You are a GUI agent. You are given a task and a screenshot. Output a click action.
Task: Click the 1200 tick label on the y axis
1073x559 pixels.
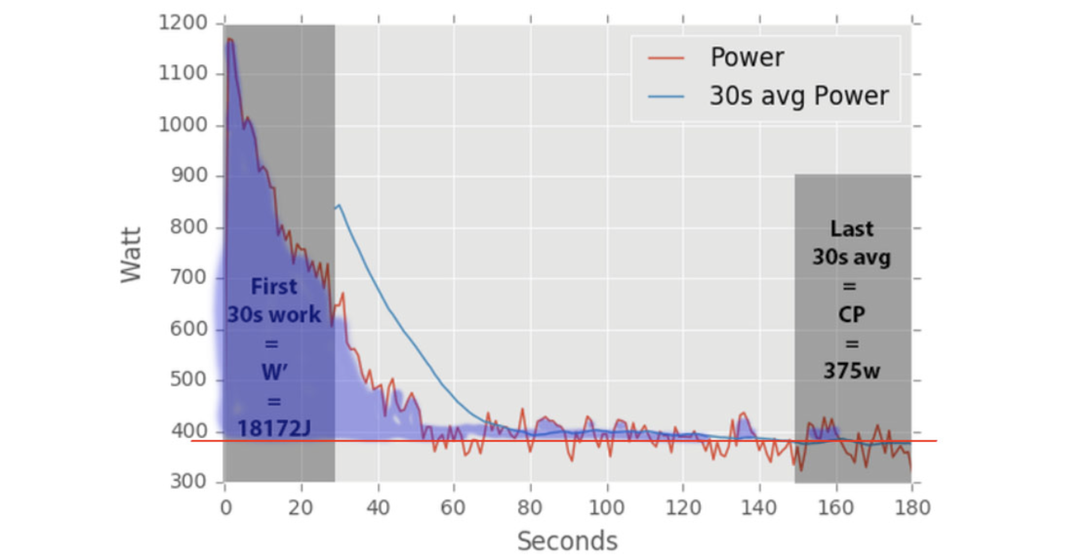[x=183, y=22]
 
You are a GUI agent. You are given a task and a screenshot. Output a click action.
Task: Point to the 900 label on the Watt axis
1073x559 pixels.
[x=189, y=175]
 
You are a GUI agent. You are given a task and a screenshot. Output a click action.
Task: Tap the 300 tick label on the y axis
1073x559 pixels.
[x=189, y=482]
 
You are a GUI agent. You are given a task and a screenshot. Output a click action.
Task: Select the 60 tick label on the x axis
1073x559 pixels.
[x=453, y=508]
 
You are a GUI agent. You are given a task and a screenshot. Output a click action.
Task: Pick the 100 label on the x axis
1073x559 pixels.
[x=606, y=508]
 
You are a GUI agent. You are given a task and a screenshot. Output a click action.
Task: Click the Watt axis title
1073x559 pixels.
[x=130, y=255]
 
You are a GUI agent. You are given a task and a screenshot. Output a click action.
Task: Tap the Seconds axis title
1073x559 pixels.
[x=567, y=541]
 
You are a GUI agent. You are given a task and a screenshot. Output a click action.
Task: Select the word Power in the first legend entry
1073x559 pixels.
[x=747, y=57]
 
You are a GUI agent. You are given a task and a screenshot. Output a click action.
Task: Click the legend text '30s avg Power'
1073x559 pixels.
[x=799, y=96]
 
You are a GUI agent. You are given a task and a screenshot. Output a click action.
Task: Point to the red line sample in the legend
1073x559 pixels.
[x=666, y=58]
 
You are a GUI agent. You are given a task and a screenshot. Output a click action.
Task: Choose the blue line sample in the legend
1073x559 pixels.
[x=666, y=97]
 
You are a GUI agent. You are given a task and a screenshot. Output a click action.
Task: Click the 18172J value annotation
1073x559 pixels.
[x=274, y=428]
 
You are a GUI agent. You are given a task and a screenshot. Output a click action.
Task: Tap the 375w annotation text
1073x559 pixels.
[x=852, y=371]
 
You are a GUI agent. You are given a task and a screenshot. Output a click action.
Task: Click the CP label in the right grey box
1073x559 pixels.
[x=852, y=314]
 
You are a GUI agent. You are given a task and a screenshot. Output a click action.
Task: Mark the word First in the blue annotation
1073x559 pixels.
[x=274, y=287]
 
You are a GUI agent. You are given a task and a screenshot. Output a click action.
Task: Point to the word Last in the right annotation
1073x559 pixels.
[x=852, y=229]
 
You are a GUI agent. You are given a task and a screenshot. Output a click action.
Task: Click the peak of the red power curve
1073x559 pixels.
[x=230, y=39]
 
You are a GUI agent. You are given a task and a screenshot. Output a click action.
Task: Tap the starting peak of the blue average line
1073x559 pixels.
[x=339, y=205]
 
